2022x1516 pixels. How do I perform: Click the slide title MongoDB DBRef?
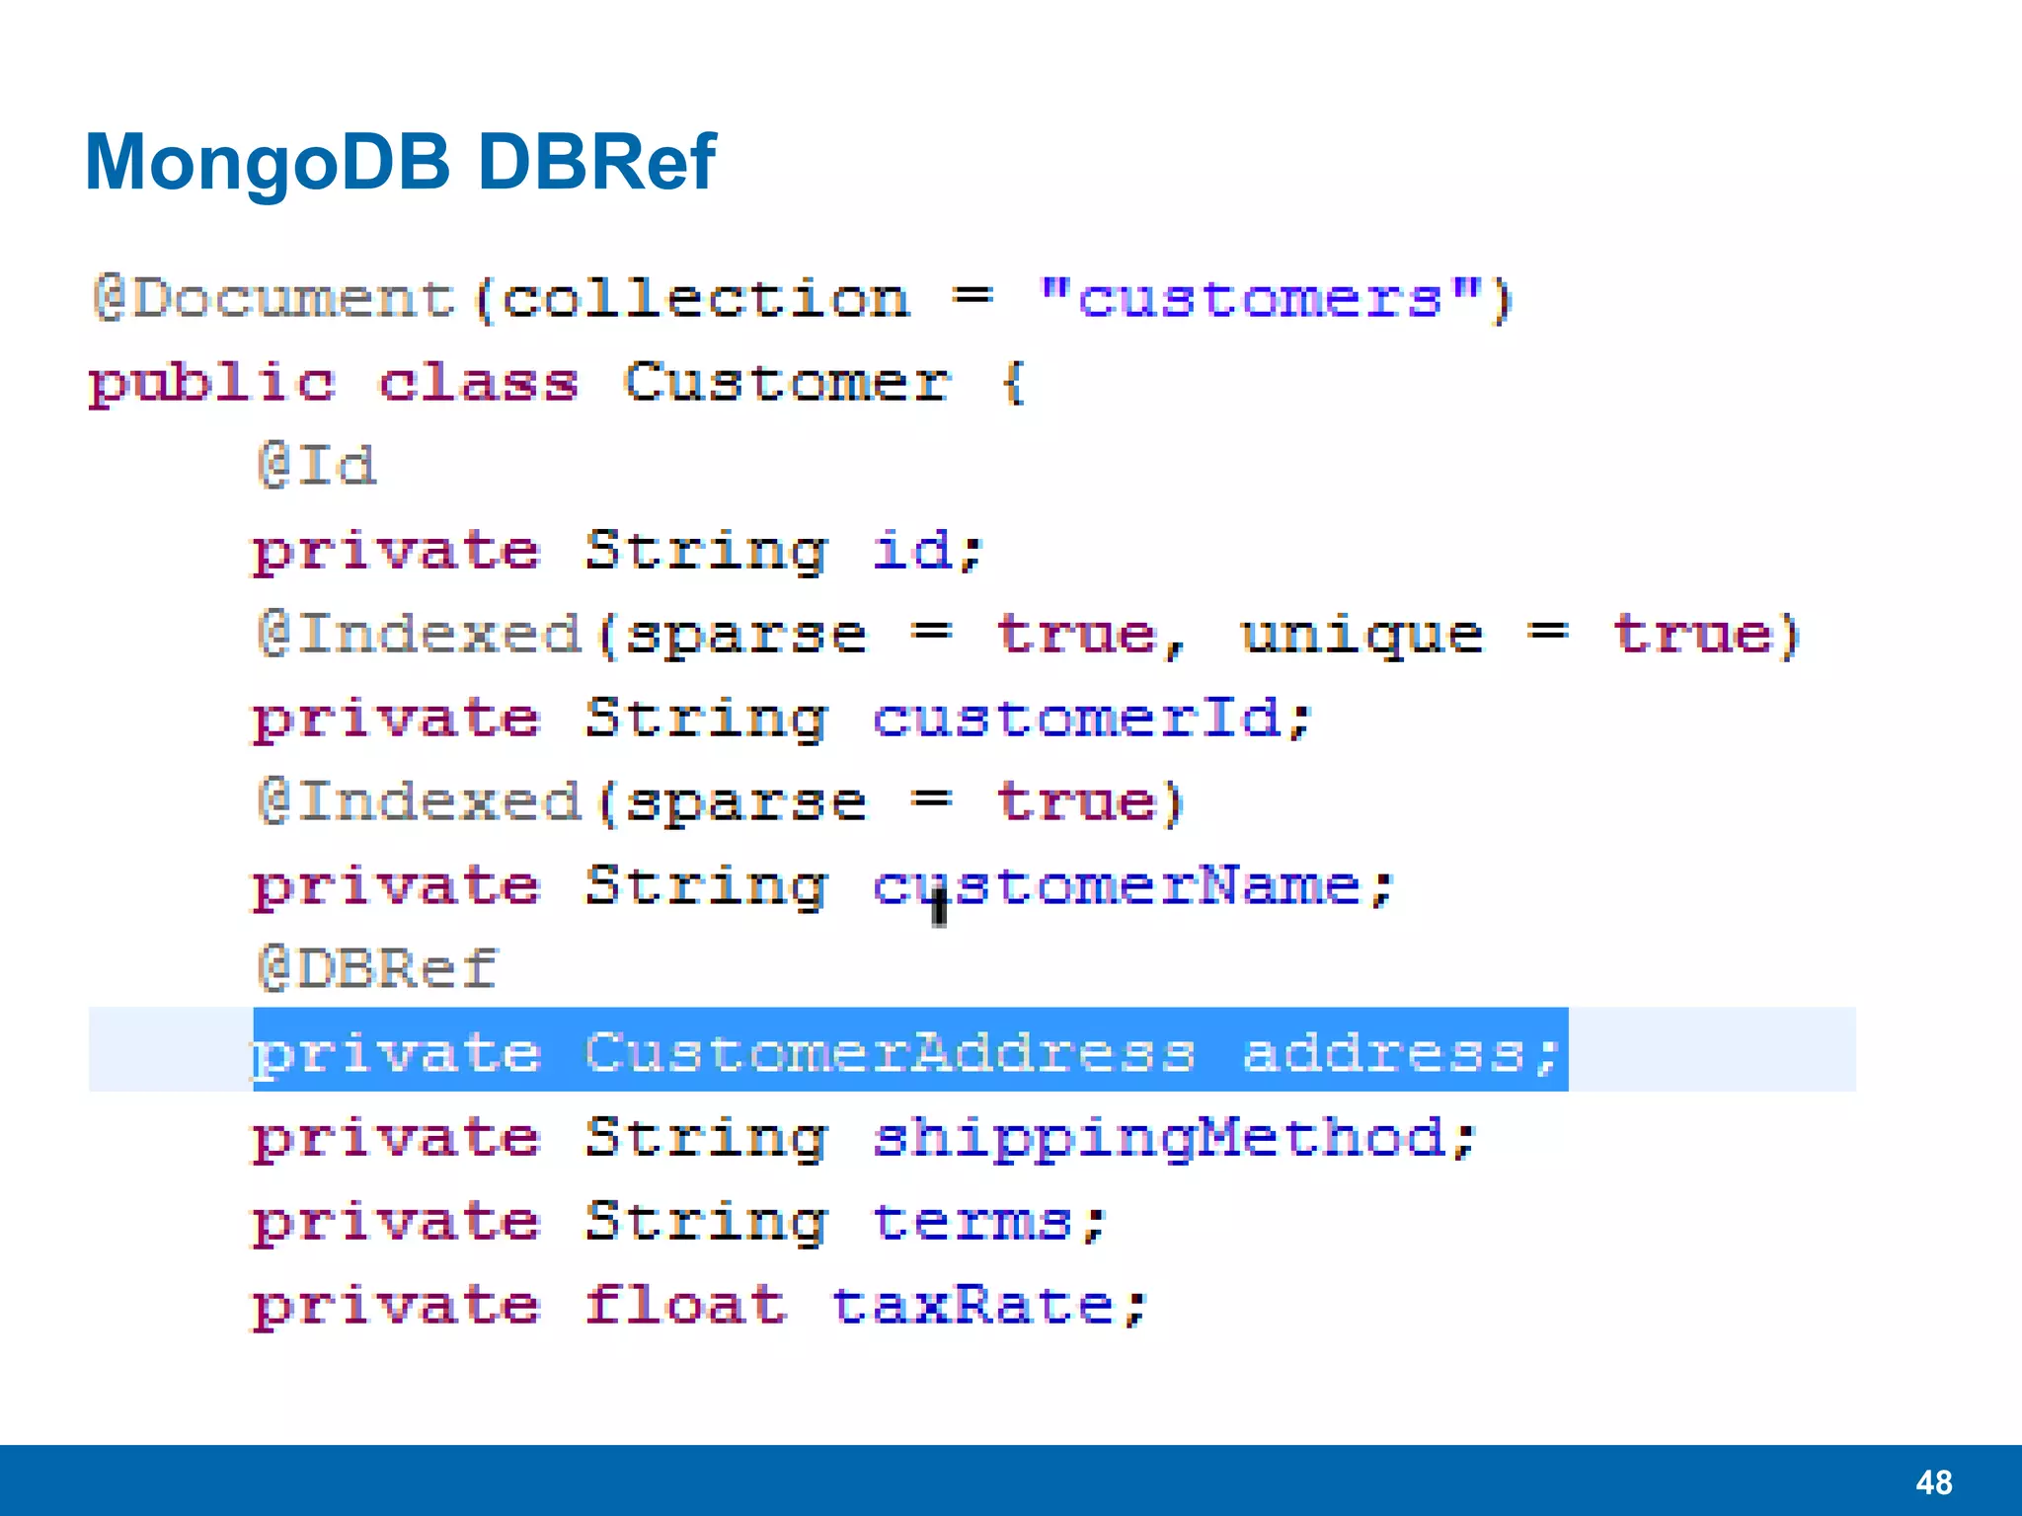[400, 162]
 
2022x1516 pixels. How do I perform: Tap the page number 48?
[1933, 1482]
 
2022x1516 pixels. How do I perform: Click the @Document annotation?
[274, 299]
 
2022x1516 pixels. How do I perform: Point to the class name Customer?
[786, 383]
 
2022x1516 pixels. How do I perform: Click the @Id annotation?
[316, 466]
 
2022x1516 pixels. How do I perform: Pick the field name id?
[926, 551]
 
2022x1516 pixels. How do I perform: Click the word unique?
[1361, 635]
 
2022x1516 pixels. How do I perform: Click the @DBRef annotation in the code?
[377, 969]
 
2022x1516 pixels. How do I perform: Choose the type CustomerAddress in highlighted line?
[889, 1053]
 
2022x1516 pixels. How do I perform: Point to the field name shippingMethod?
[1160, 1138]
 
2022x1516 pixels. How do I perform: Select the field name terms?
[973, 1222]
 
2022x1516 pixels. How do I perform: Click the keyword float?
[685, 1306]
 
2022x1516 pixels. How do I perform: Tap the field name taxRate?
[973, 1306]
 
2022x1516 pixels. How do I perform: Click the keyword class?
[479, 383]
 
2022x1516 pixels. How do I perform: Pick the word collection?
[705, 299]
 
